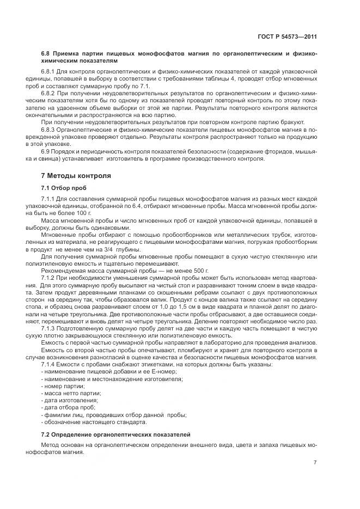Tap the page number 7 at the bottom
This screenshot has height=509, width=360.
[315, 462]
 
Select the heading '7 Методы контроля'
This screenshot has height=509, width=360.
[76, 176]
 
